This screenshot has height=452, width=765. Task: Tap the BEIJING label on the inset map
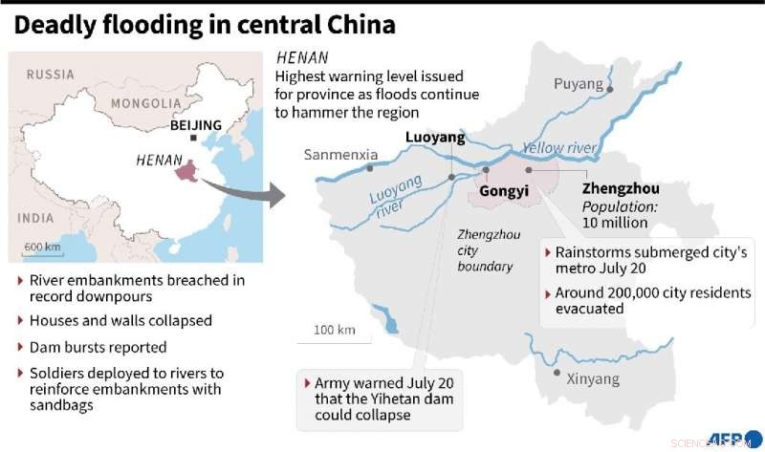tap(195, 125)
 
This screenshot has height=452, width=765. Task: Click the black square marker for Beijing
tap(194, 139)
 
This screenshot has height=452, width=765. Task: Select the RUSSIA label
tap(50, 75)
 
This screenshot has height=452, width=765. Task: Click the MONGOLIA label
tap(145, 103)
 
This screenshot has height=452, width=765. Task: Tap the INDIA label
tap(35, 218)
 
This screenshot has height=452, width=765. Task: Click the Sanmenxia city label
tap(341, 154)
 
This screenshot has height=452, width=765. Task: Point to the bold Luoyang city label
tap(434, 138)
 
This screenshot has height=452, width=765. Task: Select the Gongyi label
tap(503, 191)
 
